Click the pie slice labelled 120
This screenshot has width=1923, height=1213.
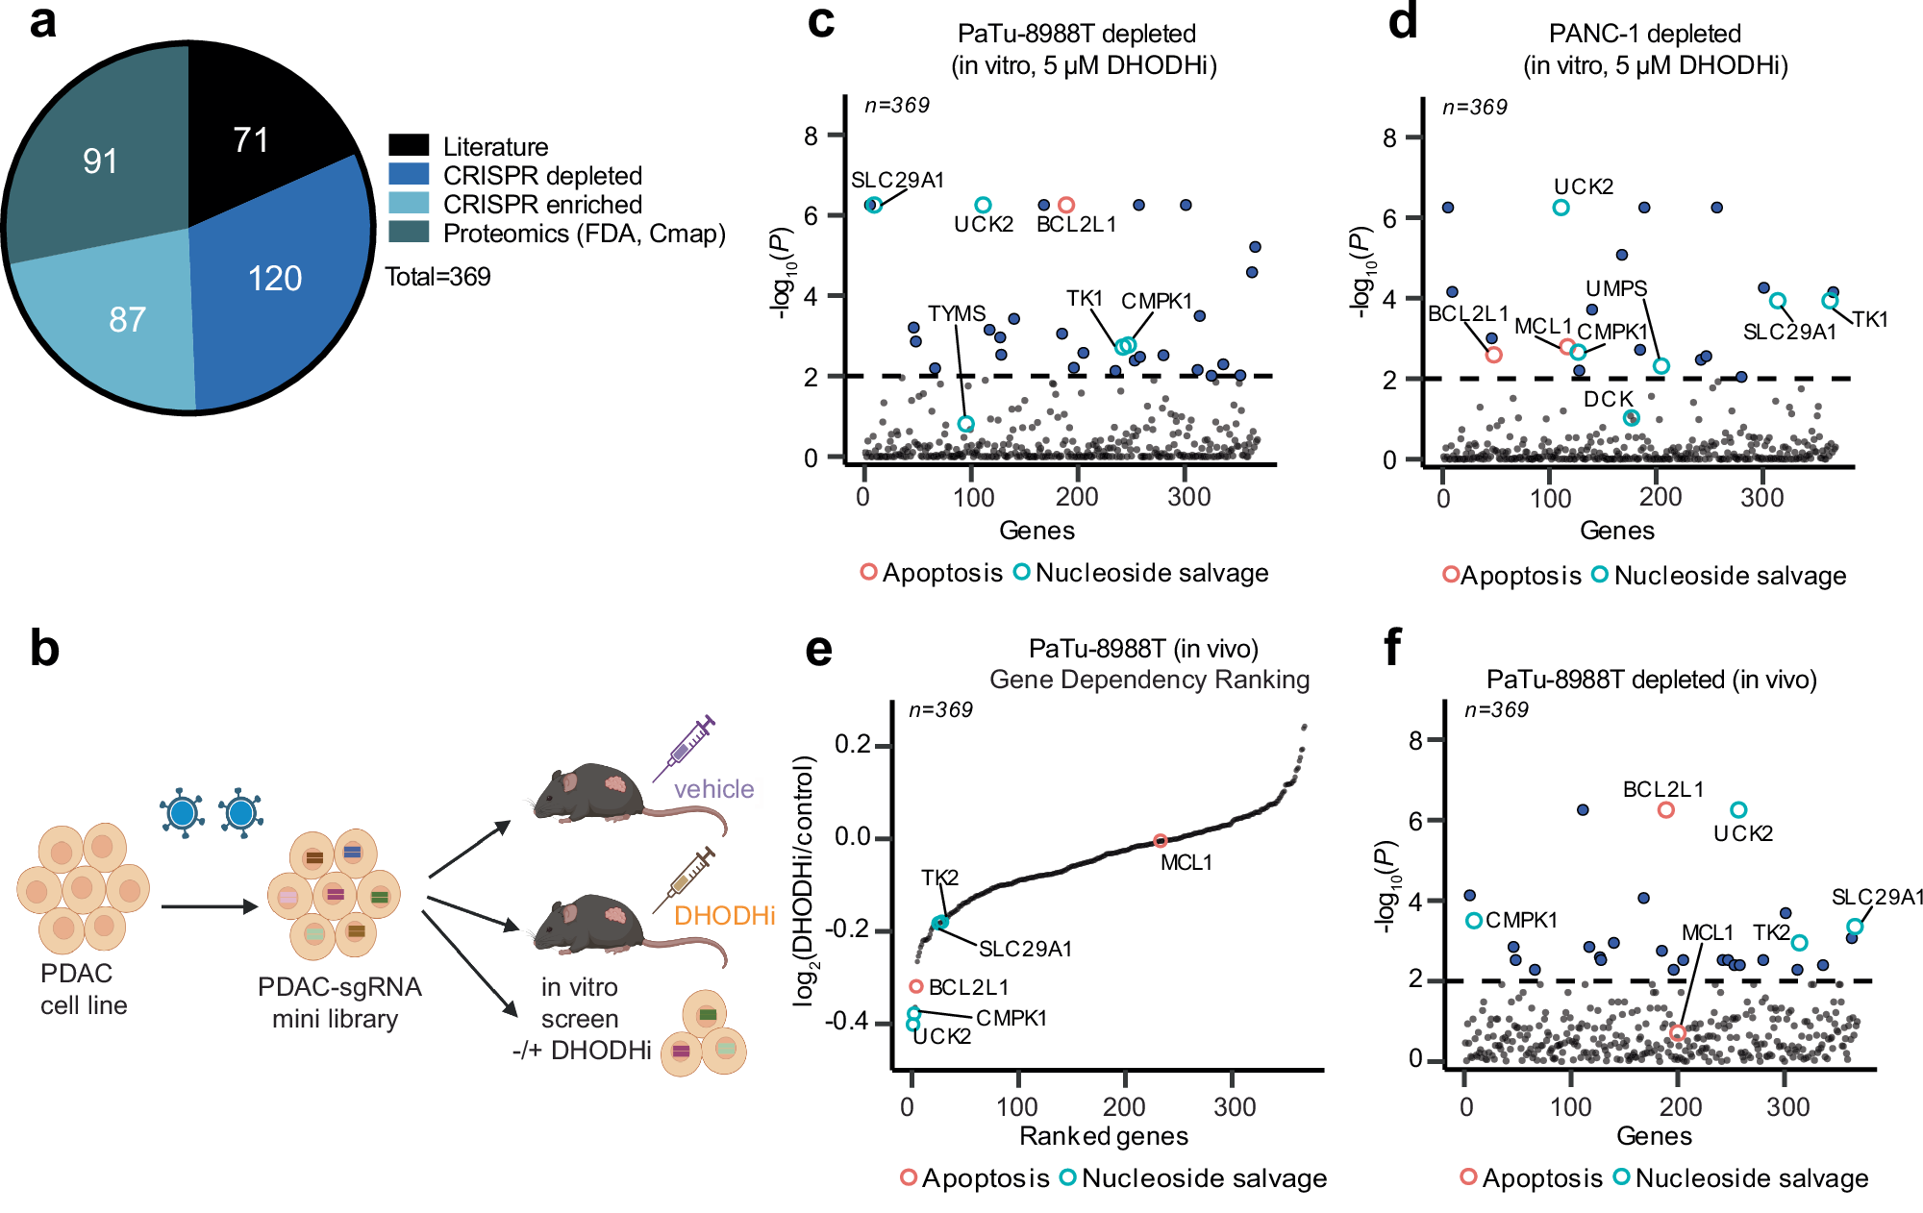274,279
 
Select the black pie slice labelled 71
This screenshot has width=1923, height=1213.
252,140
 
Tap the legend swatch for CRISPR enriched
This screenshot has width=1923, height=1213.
409,204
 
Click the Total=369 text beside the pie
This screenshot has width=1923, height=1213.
437,277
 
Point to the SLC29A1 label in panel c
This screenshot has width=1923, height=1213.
897,180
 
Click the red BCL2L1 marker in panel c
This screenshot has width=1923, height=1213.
1065,205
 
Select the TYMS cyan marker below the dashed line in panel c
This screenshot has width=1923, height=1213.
965,424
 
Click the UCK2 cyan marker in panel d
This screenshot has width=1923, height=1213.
1561,208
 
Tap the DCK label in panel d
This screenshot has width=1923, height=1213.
1608,399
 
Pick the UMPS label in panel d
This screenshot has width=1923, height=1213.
1616,288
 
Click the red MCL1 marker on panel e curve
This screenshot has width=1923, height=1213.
1160,841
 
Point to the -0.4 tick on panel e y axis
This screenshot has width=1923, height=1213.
850,1021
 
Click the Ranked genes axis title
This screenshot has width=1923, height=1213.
1103,1136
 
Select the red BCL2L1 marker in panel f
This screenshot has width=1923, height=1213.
1665,810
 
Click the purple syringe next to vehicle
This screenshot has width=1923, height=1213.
685,747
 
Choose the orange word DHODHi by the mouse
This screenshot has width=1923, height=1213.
724,915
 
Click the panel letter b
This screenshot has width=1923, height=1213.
44,648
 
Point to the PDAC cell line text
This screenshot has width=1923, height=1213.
83,989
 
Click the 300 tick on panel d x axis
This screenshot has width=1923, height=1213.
1761,497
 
